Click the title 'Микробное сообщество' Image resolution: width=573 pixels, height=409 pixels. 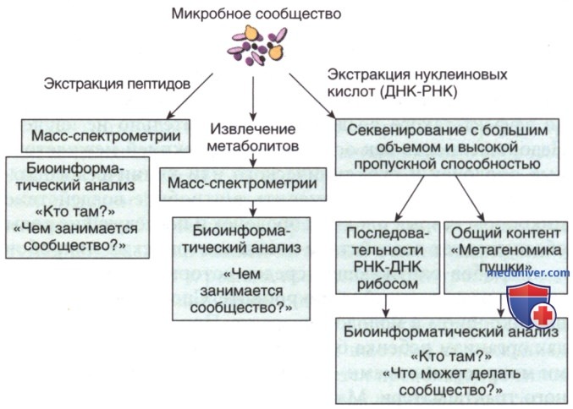[256, 14]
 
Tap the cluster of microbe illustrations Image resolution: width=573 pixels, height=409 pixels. [257, 46]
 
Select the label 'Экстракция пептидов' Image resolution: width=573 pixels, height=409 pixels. [117, 84]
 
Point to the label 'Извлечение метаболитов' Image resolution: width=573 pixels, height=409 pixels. [253, 138]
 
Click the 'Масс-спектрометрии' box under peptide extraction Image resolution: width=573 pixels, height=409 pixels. [106, 136]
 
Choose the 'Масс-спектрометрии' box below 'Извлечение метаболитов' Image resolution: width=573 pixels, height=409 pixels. [243, 184]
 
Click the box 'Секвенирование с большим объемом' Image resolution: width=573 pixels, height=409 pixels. [447, 147]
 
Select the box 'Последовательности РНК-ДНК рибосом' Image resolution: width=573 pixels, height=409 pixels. [388, 258]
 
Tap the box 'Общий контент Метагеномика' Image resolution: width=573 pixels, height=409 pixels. [506, 258]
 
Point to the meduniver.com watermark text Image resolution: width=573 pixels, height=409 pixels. [528, 273]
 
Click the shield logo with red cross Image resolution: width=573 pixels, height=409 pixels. [531, 304]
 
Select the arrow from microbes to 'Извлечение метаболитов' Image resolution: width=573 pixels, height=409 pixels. [253, 99]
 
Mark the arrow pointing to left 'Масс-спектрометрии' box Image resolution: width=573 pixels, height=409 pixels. [190, 96]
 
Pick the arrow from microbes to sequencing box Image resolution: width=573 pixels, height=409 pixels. [312, 96]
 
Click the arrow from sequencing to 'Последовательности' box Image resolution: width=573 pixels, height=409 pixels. [410, 199]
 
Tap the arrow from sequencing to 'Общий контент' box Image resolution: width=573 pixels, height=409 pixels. [470, 199]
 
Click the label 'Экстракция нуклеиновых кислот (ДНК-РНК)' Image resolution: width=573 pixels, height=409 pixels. [417, 83]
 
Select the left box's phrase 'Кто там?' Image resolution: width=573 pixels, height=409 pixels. [75, 211]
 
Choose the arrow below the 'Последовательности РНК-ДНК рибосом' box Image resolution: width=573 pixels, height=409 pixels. [386, 306]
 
